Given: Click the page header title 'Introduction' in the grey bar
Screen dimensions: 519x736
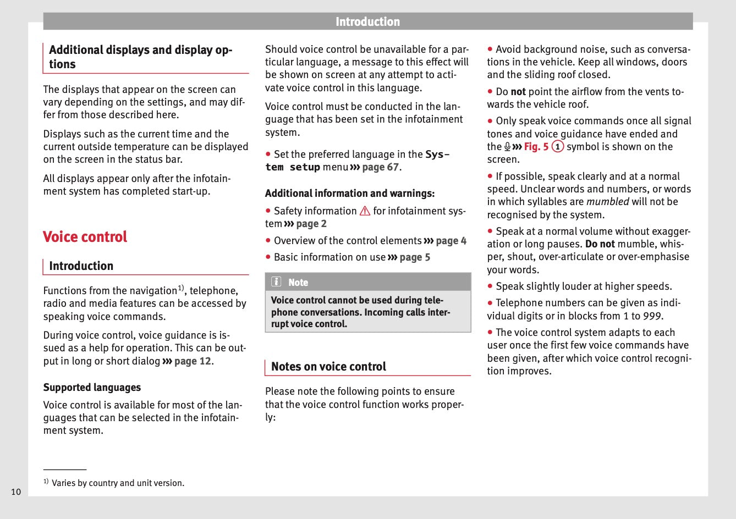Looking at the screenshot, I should (x=367, y=22).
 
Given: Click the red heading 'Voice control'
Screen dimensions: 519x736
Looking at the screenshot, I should (x=85, y=237).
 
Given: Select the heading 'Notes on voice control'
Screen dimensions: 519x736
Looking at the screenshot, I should (x=328, y=367).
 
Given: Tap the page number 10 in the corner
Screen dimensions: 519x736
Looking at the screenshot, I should (x=16, y=492).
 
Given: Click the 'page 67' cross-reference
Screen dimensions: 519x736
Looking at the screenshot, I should (x=381, y=167).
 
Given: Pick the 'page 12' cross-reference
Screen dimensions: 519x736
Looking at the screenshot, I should (x=193, y=361).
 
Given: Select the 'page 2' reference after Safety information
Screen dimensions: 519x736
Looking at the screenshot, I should (x=311, y=224).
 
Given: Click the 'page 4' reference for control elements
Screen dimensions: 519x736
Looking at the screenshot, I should (x=451, y=241).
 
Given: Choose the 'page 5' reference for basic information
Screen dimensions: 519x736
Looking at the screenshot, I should (x=415, y=257).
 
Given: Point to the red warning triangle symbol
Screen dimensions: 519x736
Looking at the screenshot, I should (x=365, y=211).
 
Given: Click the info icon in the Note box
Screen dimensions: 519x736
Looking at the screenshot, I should (x=276, y=282).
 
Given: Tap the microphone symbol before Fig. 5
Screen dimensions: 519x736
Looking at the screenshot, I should (x=507, y=147).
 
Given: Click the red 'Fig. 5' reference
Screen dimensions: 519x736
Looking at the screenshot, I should (x=536, y=147).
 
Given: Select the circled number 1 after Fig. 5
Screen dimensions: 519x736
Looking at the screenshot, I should (x=558, y=147).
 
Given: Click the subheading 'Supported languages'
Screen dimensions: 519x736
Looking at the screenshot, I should (x=92, y=388).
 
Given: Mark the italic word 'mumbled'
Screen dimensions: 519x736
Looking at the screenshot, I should (x=607, y=202).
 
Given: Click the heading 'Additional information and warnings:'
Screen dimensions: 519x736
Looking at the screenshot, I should (x=350, y=194).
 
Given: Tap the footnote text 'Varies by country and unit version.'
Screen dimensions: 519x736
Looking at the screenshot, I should (x=118, y=483).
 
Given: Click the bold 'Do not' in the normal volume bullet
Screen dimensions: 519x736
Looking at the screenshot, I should (x=600, y=244).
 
